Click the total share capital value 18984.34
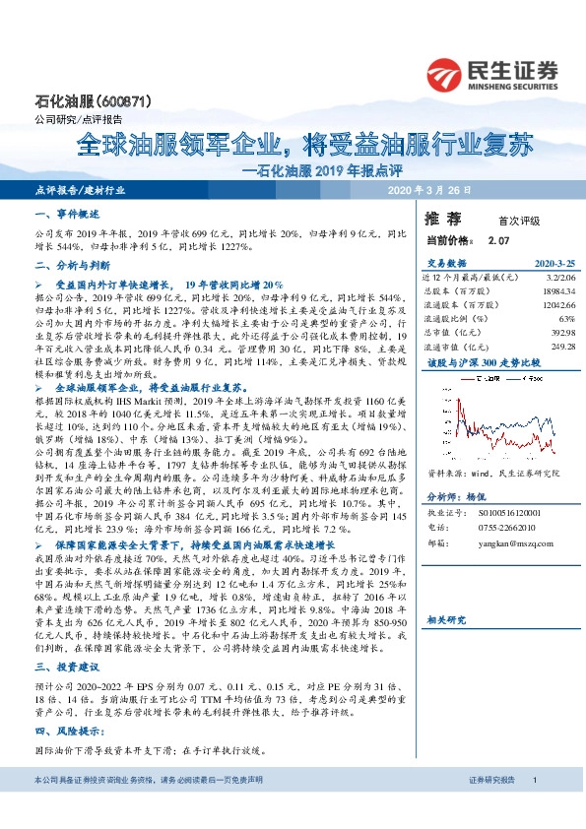556,291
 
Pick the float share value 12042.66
556,305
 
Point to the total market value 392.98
561,333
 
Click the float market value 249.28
561,347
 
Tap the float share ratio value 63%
566,319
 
